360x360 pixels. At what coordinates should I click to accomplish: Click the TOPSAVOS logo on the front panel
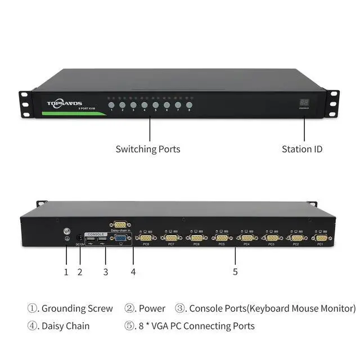(64, 103)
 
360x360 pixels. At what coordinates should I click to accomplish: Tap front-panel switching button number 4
(145, 105)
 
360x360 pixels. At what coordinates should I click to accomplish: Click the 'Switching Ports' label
(148, 149)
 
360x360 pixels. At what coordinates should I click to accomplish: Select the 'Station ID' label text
(302, 149)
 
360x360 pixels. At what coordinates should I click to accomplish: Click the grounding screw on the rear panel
(66, 232)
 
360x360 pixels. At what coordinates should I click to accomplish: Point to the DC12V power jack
(79, 238)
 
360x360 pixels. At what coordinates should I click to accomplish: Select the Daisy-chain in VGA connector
(120, 224)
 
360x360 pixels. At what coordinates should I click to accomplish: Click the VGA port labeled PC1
(321, 238)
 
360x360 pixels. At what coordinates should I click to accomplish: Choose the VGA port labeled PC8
(145, 238)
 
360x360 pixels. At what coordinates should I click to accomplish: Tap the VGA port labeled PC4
(246, 238)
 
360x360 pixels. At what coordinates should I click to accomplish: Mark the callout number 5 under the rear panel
(235, 272)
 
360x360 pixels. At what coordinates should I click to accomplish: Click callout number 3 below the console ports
(105, 272)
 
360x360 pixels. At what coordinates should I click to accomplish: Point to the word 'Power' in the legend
(152, 308)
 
